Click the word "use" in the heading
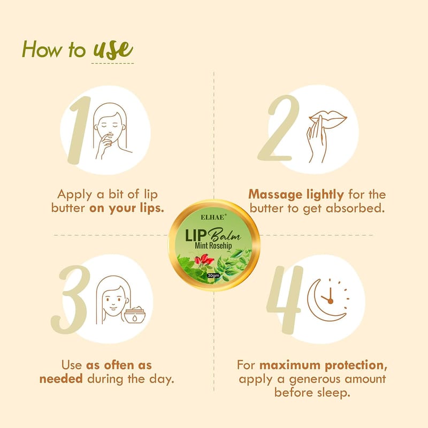click(113, 50)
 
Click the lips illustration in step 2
click(328, 119)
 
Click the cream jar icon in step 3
click(135, 315)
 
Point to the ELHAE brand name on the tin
click(213, 217)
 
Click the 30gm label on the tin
click(213, 275)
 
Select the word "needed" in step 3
click(61, 379)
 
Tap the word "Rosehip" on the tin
click(220, 245)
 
